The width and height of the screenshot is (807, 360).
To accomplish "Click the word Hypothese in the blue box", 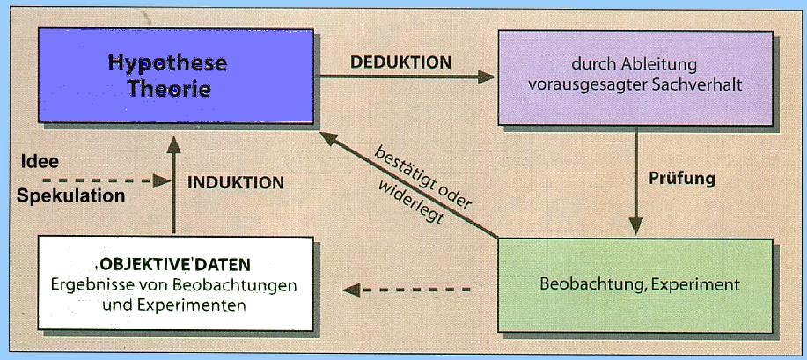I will (167, 63).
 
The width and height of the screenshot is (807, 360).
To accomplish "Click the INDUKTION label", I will (236, 183).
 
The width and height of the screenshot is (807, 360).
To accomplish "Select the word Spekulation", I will (70, 195).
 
